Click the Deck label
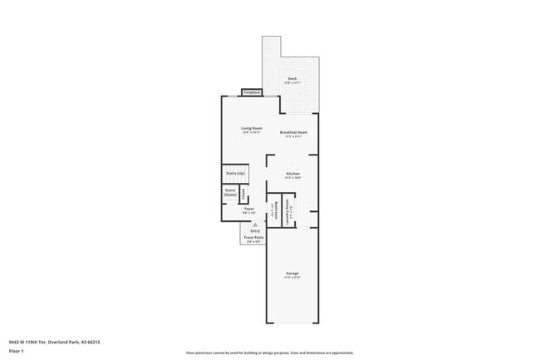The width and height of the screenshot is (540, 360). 292,79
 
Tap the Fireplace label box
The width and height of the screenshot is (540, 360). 253,91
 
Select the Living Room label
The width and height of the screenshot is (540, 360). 252,128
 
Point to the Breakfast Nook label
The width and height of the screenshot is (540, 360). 293,132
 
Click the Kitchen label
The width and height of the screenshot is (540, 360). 292,173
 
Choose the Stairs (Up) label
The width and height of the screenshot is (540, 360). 235,173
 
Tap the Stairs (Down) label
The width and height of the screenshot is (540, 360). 230,192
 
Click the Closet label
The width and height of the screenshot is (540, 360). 243,193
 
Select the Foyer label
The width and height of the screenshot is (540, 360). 248,209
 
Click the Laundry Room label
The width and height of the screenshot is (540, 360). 287,211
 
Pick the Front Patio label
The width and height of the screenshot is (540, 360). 253,237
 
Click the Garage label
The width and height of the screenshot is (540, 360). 292,274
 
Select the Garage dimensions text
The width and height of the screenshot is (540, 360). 292,278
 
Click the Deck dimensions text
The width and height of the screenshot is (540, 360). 292,83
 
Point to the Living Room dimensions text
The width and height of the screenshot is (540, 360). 252,132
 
